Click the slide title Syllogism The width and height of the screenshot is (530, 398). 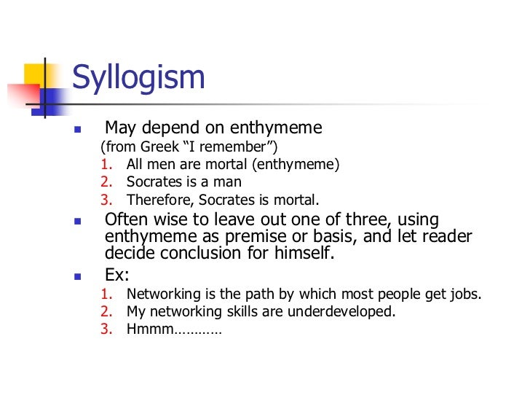tap(139, 77)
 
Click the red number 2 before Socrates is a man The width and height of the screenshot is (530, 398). tap(106, 182)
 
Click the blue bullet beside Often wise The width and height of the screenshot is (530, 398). tap(78, 220)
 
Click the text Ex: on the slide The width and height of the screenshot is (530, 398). tap(116, 276)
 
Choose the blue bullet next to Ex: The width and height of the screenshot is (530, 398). tap(78, 277)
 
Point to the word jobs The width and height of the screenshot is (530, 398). tap(465, 294)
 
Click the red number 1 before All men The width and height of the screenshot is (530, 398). tap(106, 165)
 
